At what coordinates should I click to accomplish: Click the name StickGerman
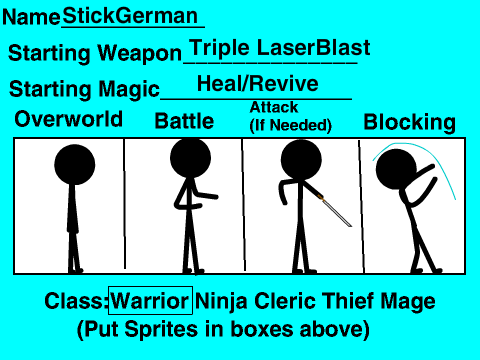130,15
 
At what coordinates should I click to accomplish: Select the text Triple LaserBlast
280,48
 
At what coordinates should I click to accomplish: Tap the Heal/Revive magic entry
258,83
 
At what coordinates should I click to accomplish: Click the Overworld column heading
69,119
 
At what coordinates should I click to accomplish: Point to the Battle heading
184,121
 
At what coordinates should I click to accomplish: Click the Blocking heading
409,122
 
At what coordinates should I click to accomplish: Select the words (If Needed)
291,125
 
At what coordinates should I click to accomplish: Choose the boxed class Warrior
150,301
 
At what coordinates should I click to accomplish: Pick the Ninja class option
221,301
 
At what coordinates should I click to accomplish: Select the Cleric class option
285,301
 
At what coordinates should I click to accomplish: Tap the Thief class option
348,300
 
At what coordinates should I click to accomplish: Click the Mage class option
408,302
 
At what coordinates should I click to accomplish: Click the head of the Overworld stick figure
75,165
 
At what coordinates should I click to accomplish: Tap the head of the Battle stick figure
190,157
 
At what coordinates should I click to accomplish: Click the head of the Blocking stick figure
396,169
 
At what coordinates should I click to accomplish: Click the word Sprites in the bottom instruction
161,329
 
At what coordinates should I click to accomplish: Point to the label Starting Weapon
95,53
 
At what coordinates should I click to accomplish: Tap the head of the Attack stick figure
301,159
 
